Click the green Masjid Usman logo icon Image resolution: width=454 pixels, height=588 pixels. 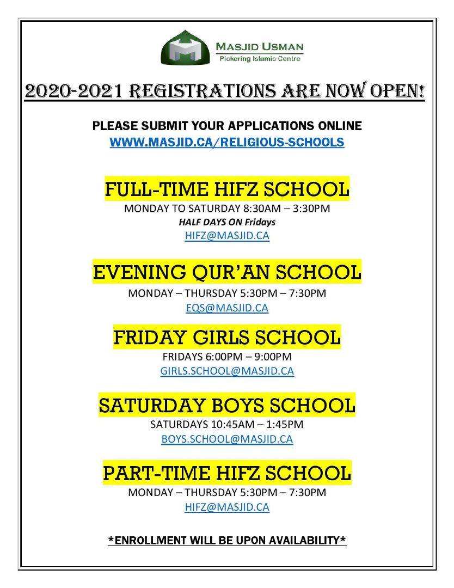[186, 48]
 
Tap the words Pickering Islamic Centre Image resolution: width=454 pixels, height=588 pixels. [259, 59]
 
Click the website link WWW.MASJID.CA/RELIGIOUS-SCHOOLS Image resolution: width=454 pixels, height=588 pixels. [227, 143]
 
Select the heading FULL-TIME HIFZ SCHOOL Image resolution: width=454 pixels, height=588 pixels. [227, 189]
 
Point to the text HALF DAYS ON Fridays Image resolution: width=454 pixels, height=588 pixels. [227, 222]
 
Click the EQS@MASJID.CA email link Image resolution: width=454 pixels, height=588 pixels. [227, 308]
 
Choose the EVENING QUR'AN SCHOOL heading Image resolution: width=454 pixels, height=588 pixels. [227, 272]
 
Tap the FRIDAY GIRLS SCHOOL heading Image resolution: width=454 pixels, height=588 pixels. [227, 337]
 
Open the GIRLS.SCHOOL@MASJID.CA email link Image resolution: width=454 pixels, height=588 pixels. [227, 371]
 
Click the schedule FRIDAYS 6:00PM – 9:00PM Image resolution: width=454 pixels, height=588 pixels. [227, 357]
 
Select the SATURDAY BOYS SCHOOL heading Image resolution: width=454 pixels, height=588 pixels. [227, 405]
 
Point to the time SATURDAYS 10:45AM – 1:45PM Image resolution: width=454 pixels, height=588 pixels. [227, 424]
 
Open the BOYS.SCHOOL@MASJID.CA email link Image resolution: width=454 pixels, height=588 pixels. [227, 439]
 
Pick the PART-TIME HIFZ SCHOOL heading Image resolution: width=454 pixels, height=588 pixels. [227, 473]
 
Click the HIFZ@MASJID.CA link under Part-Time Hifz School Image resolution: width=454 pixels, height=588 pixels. [227, 507]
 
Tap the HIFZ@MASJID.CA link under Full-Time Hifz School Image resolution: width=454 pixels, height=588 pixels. [227, 236]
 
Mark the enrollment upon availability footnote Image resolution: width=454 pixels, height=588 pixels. [227, 541]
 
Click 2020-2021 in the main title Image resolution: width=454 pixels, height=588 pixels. [73, 91]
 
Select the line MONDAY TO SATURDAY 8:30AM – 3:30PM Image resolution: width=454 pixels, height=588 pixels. [227, 208]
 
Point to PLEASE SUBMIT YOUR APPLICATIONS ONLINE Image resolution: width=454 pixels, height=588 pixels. [227, 126]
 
